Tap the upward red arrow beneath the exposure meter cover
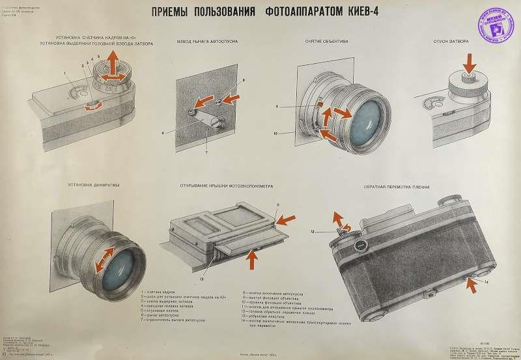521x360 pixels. pyautogui.click(x=253, y=258)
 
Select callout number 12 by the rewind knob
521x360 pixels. pyautogui.click(x=313, y=231)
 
